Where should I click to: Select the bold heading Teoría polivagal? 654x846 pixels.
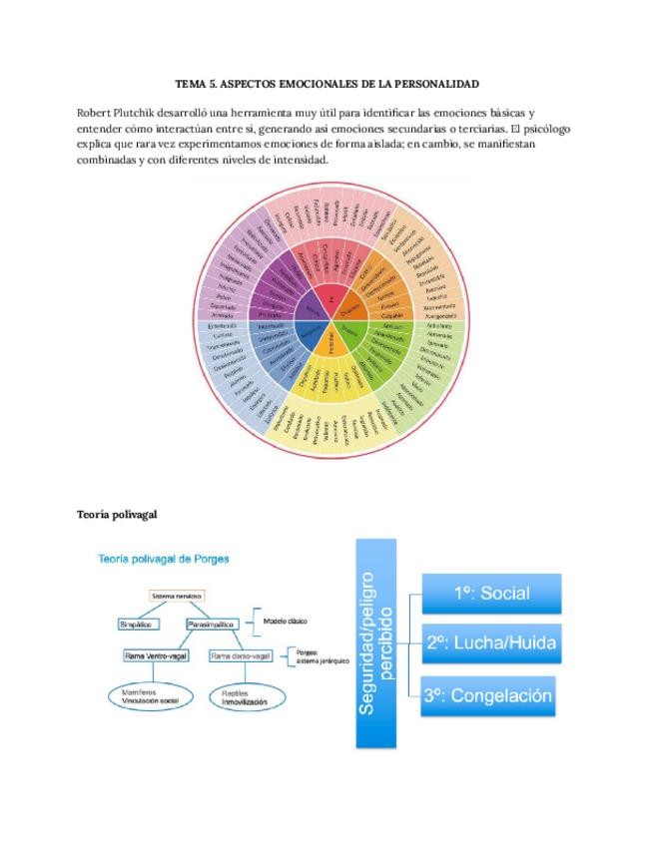tap(117, 514)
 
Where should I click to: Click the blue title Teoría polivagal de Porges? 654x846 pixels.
tap(164, 559)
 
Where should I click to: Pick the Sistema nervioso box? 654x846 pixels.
tap(177, 596)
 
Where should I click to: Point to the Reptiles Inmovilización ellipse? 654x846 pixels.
tap(239, 697)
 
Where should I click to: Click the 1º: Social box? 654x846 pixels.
tap(490, 594)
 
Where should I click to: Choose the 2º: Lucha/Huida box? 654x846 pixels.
tap(490, 642)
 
